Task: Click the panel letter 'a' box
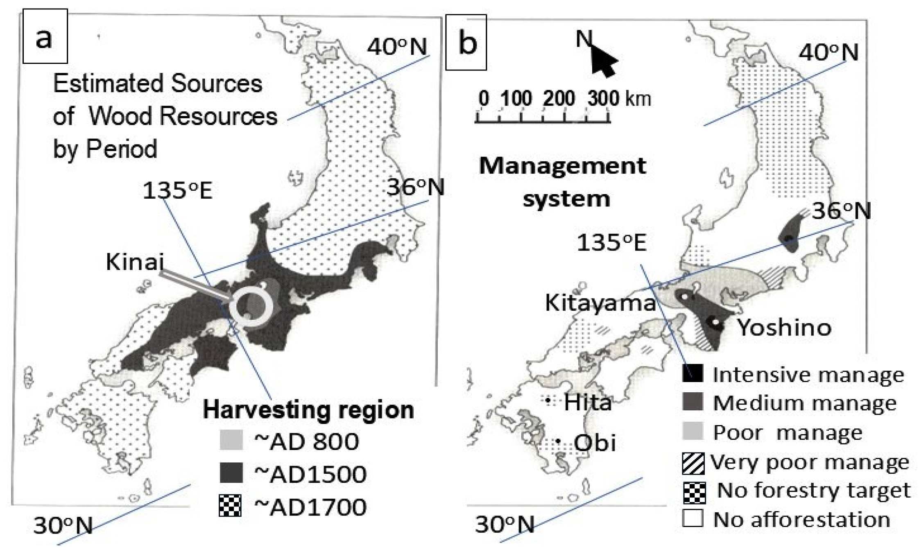tap(45, 37)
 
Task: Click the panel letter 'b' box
tap(466, 42)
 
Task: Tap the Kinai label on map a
tap(135, 261)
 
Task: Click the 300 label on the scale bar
tap(603, 99)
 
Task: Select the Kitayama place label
tap(600, 303)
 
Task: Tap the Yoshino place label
tap(784, 328)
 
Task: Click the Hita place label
tap(588, 403)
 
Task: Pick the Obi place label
tap(595, 443)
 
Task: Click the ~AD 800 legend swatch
tap(231, 440)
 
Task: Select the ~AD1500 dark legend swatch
tap(231, 473)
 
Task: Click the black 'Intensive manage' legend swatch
tap(693, 373)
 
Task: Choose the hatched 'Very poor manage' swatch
tap(693, 464)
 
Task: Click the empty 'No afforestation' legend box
tap(693, 518)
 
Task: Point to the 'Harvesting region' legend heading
tap(308, 409)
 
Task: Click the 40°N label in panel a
tap(396, 47)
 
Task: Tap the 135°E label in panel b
tap(611, 242)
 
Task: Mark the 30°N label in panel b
tap(505, 525)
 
